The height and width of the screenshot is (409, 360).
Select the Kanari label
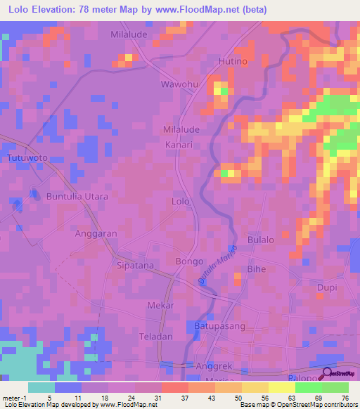pyautogui.click(x=179, y=144)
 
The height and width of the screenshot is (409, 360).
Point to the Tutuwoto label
pyautogui.click(x=27, y=158)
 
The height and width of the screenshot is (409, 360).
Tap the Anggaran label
pyautogui.click(x=96, y=233)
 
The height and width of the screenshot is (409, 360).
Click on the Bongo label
pyautogui.click(x=189, y=261)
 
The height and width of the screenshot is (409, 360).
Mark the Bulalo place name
pyautogui.click(x=261, y=240)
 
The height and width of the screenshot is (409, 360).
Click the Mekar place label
pyautogui.click(x=160, y=306)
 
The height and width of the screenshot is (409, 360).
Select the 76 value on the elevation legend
pyautogui.click(x=345, y=397)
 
